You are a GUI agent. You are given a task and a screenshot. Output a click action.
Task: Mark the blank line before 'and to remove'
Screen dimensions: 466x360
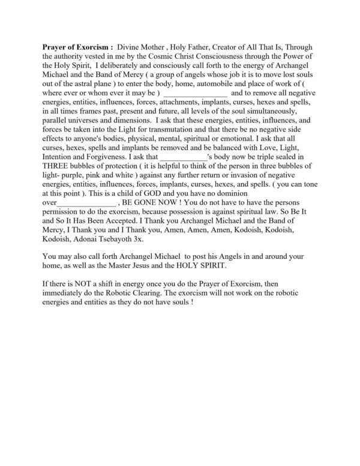[x=196, y=94]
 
